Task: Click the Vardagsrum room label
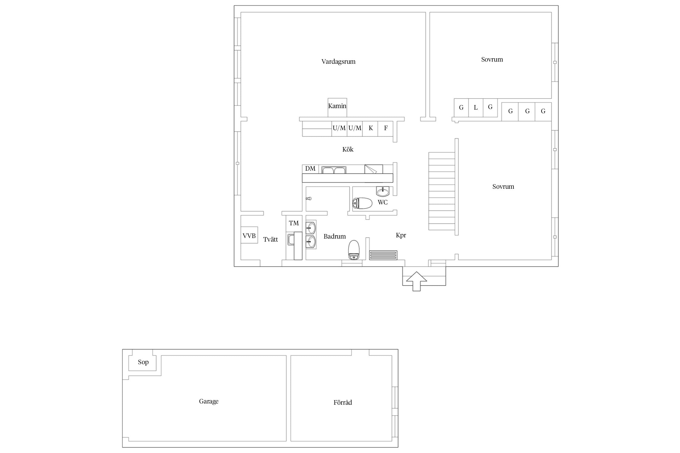(x=338, y=62)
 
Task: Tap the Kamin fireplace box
(x=337, y=108)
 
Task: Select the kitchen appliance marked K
(x=370, y=129)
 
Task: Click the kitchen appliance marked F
(x=385, y=129)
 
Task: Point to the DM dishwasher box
(x=310, y=169)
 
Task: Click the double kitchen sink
(x=334, y=170)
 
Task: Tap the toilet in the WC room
(x=362, y=203)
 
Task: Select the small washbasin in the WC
(x=383, y=191)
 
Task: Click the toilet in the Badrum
(x=354, y=250)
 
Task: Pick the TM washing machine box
(x=294, y=223)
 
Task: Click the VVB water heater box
(x=249, y=235)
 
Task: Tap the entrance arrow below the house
(x=416, y=281)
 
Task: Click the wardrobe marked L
(x=476, y=108)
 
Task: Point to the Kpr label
(x=401, y=235)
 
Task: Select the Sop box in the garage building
(x=142, y=363)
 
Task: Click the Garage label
(x=209, y=401)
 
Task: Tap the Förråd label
(x=343, y=402)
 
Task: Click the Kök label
(x=348, y=149)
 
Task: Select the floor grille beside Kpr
(x=383, y=255)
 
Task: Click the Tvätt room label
(x=270, y=239)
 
